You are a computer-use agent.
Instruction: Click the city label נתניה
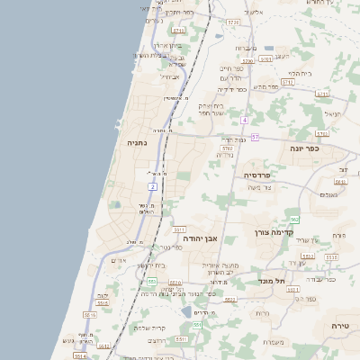point(137,142)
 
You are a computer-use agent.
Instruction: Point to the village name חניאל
point(331,114)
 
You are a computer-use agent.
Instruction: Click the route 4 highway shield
point(244,119)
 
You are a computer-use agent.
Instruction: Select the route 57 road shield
point(255,137)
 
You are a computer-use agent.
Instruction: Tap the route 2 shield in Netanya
point(154,186)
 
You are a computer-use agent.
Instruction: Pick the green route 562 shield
point(294,220)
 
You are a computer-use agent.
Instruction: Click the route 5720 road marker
point(233,21)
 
